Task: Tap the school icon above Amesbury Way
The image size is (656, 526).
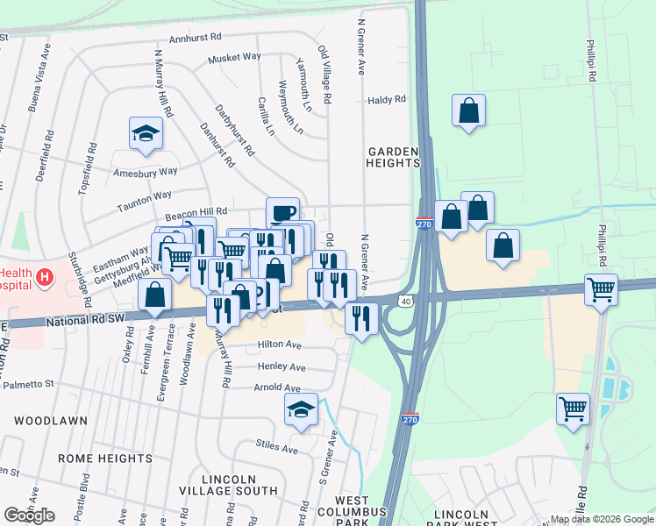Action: (146, 133)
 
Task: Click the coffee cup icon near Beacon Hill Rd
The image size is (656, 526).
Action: (282, 213)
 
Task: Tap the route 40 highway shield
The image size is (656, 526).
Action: (407, 301)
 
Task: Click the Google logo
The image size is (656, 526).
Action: (29, 515)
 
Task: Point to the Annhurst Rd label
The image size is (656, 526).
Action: (196, 39)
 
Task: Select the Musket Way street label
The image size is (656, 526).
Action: (234, 58)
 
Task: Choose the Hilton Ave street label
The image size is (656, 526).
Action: (281, 345)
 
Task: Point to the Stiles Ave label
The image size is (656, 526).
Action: (277, 448)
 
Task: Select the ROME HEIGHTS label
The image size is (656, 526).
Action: (105, 458)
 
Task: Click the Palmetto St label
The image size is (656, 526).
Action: (31, 384)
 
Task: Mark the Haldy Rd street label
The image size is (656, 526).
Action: (387, 100)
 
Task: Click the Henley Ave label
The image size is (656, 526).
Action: (281, 366)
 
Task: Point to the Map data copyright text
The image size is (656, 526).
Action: (602, 519)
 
